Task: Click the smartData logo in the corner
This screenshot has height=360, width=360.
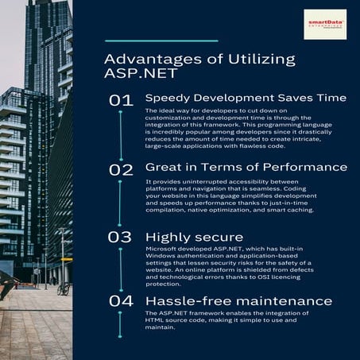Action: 325,25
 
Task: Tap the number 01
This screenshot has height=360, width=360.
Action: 122,100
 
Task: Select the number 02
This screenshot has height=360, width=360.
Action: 122,169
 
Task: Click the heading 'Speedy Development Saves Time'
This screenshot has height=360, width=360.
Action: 246,98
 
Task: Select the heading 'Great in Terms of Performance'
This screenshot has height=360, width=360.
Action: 246,167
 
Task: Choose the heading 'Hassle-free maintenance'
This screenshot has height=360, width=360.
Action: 238,301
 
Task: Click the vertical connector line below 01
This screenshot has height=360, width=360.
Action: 121,135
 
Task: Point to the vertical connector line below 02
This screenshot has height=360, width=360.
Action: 121,204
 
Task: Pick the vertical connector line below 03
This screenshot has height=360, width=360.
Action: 121,270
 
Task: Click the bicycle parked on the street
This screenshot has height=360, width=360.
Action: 63,288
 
